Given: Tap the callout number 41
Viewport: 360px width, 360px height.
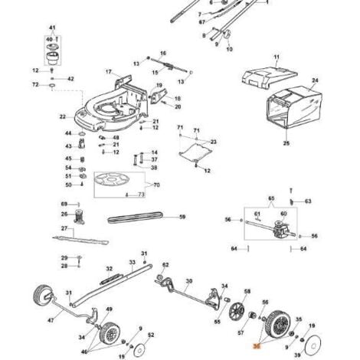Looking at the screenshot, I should [52, 27].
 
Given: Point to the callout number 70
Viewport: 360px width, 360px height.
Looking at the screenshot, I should [158, 185].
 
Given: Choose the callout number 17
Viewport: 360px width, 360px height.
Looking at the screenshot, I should [109, 72].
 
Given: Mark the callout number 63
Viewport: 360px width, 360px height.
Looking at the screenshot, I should [308, 201].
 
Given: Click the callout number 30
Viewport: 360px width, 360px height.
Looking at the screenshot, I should [188, 281].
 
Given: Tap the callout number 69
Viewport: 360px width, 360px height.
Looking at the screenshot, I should [64, 203].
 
